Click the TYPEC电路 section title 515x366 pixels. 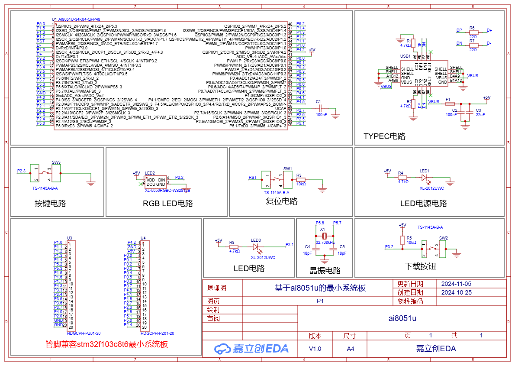(384, 136)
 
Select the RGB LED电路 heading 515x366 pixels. (168, 203)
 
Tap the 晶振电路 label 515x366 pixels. (325, 271)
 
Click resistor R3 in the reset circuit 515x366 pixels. (301, 180)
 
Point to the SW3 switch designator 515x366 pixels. (56, 162)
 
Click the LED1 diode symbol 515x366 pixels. (424, 177)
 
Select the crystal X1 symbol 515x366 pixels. (325, 236)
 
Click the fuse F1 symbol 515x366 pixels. (450, 104)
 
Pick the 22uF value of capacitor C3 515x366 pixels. (481, 115)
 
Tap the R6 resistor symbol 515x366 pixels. (473, 32)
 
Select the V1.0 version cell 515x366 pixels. (315, 349)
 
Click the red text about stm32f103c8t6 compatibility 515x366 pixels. (106, 344)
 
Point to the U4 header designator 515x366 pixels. (143, 238)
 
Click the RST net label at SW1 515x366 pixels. (253, 178)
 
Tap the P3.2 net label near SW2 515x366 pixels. (389, 246)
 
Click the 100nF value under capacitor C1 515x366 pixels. (322, 115)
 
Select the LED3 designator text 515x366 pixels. (256, 240)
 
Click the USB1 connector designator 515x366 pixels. (406, 56)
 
